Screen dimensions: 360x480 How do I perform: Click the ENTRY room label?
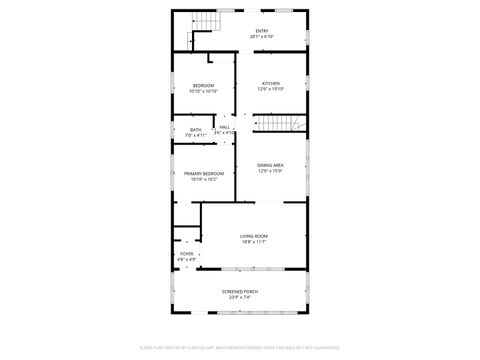point(262,31)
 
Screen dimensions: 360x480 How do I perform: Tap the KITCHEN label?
point(271,83)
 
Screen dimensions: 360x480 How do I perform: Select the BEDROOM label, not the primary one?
point(203,86)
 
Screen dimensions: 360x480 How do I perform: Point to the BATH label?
point(195,129)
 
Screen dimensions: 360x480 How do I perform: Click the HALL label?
point(225,127)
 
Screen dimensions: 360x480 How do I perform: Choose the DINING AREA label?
point(270,165)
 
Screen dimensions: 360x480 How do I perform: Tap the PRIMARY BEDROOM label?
point(203,173)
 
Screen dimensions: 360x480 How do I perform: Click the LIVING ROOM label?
point(254,235)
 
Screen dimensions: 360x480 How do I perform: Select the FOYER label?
point(186,254)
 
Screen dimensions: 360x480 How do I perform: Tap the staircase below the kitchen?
point(281,124)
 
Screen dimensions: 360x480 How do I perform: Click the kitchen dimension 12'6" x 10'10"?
point(271,90)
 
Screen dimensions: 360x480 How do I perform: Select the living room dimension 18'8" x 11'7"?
point(254,242)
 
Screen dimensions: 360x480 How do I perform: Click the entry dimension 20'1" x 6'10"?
point(262,37)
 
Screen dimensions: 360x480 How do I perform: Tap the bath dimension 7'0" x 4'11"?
point(195,135)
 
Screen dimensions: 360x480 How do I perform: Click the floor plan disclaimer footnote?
point(240,349)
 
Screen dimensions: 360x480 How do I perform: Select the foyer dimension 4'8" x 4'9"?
point(186,260)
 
